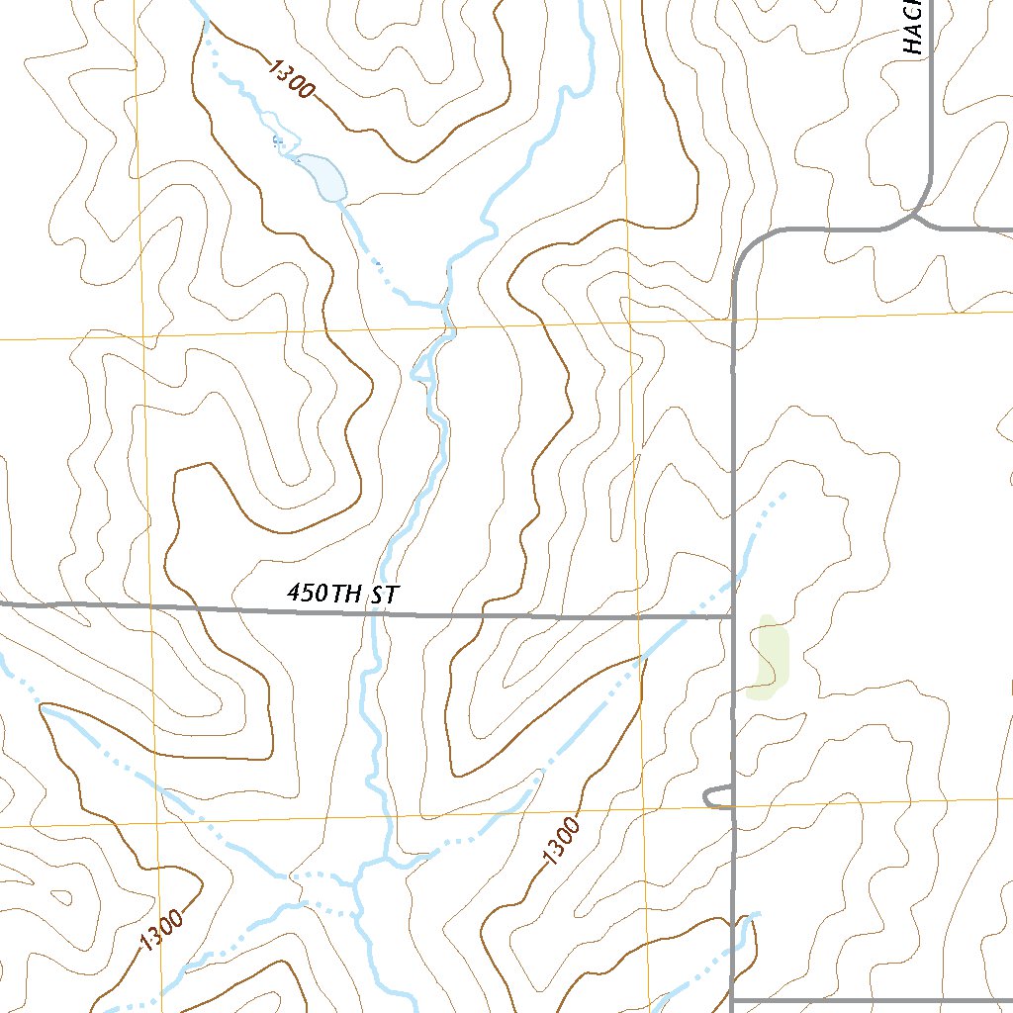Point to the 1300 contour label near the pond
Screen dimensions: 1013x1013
[x=291, y=78]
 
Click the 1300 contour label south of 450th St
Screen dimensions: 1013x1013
[x=561, y=841]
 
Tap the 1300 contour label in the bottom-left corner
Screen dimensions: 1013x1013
[x=161, y=931]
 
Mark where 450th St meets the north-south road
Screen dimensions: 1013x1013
[x=732, y=617]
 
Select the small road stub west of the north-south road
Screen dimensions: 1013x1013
[x=714, y=796]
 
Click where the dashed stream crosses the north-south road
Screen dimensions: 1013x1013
[x=733, y=583]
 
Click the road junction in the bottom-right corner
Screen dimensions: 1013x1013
[x=733, y=999]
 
